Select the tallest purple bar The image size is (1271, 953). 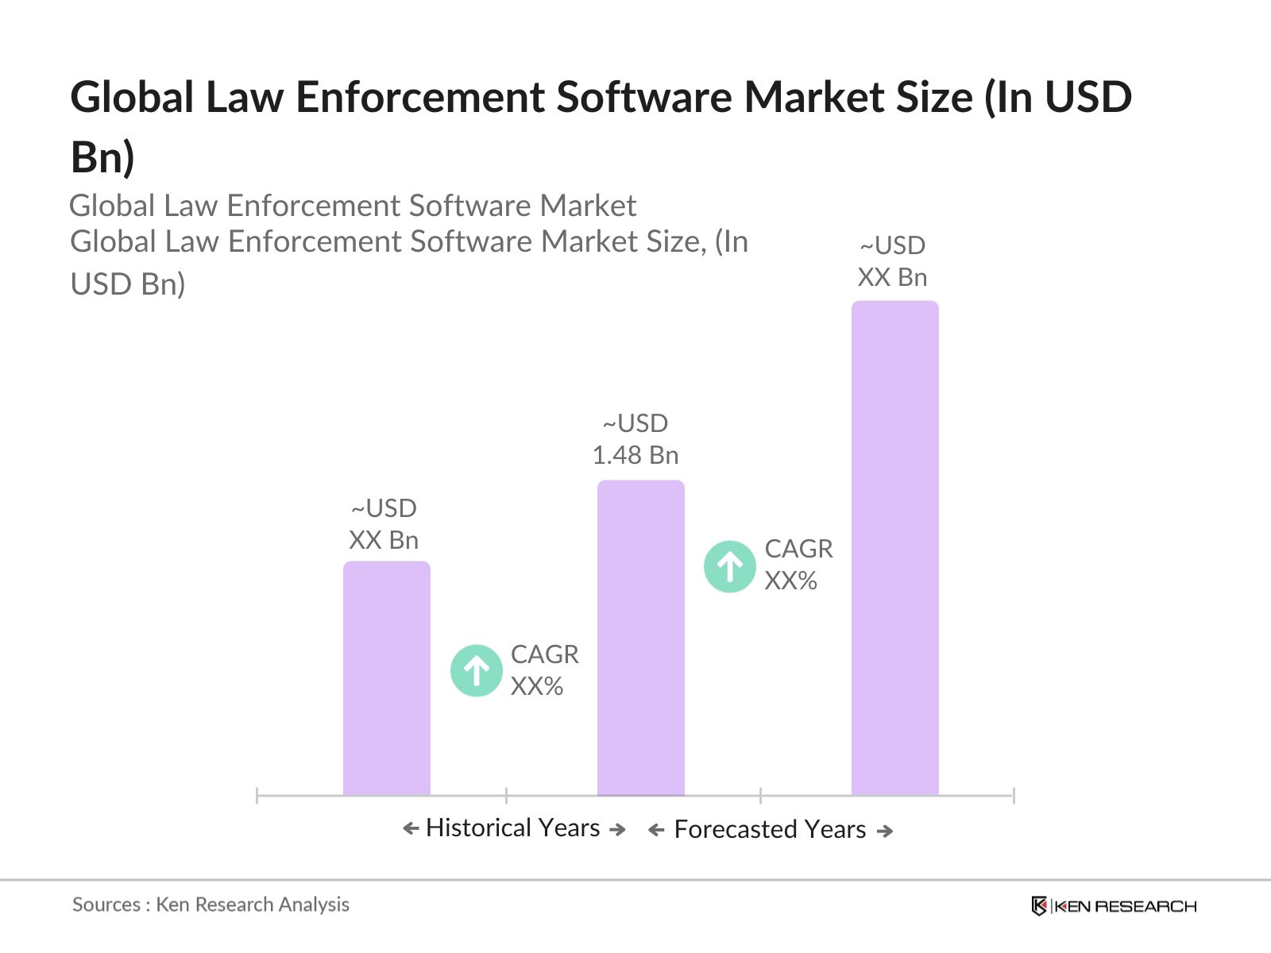pyautogui.click(x=894, y=548)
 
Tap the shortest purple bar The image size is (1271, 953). pyautogui.click(x=386, y=678)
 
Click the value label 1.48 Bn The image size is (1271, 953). pyautogui.click(x=635, y=455)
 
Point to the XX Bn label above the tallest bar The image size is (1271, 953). pyautogui.click(x=892, y=277)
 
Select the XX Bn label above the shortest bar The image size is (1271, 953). pyautogui.click(x=383, y=540)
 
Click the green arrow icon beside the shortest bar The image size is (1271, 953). pyautogui.click(x=476, y=670)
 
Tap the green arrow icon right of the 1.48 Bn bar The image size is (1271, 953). pyautogui.click(x=729, y=566)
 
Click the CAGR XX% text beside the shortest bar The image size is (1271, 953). pyautogui.click(x=543, y=669)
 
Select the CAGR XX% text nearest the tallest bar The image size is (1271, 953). pyautogui.click(x=798, y=564)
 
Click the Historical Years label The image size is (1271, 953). pyautogui.click(x=512, y=828)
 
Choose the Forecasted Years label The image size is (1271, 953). pyautogui.click(x=769, y=829)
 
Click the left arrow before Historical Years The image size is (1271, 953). pyautogui.click(x=411, y=829)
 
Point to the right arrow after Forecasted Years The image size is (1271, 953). pyautogui.click(x=884, y=831)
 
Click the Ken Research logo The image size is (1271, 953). pyautogui.click(x=1113, y=906)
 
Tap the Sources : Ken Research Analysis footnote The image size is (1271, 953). pyautogui.click(x=211, y=905)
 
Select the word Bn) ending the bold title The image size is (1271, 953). pyautogui.click(x=102, y=156)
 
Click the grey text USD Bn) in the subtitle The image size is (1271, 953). pyautogui.click(x=128, y=284)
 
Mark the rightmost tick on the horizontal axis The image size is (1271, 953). pyautogui.click(x=1013, y=795)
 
